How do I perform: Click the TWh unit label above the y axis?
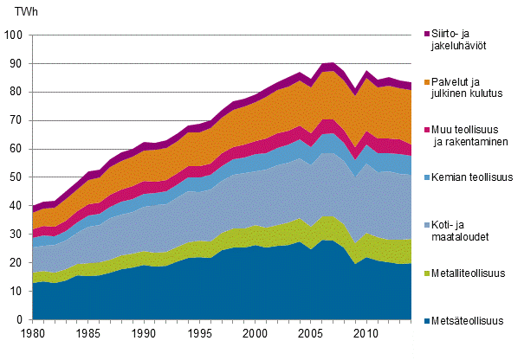18,13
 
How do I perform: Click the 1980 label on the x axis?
33,334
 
